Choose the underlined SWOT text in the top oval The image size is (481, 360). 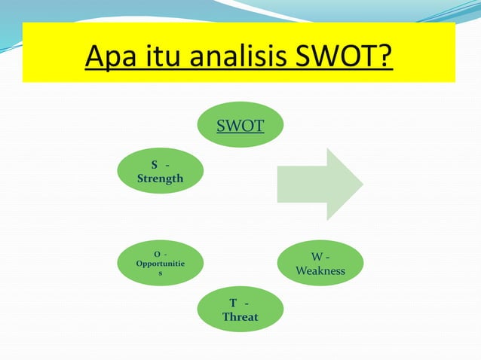point(240,125)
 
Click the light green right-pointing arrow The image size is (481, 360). point(317,185)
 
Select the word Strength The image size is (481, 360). point(160,179)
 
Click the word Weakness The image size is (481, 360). point(320,270)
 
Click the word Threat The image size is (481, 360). point(240,317)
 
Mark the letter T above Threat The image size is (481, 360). point(234,303)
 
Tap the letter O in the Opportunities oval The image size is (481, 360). point(156,254)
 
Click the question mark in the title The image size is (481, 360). point(386,54)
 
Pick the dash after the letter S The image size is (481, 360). point(167,165)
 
